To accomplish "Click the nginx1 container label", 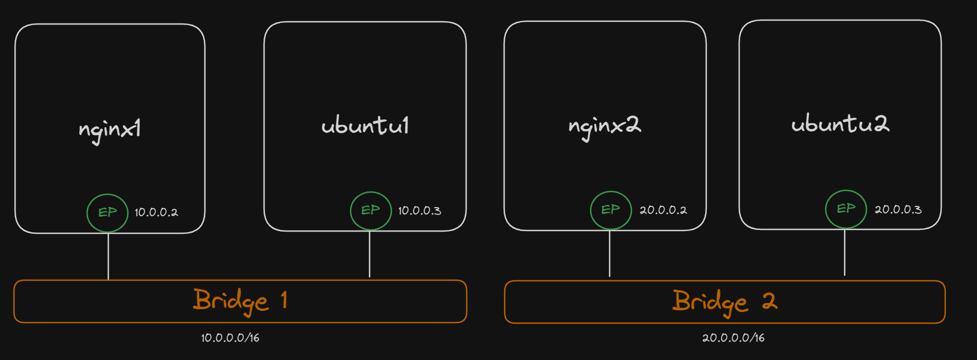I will click(109, 129).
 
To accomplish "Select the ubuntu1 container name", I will click(365, 126).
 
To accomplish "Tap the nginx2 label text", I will click(605, 126).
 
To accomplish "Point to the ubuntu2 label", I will click(840, 123).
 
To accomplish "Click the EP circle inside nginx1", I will click(108, 213).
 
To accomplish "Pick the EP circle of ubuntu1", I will click(371, 210).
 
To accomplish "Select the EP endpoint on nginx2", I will click(611, 210).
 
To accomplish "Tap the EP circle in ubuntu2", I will click(846, 209).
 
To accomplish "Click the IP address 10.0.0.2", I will click(156, 213).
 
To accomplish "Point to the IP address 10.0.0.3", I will click(419, 211).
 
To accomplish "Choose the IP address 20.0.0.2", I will click(663, 210).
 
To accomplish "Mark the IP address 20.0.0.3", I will click(898, 210).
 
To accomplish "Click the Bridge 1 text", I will click(240, 301).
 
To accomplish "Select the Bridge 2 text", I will click(724, 302).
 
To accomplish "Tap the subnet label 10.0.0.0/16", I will click(230, 338).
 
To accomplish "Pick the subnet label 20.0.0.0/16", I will click(733, 338).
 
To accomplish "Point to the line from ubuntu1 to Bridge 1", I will click(370, 255).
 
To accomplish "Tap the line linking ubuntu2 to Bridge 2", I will click(845, 253).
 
